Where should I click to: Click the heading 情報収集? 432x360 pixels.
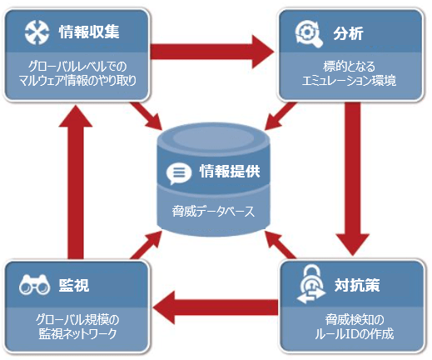[89, 32]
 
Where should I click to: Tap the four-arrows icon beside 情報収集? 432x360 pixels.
[37, 32]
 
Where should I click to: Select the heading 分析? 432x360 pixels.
[348, 33]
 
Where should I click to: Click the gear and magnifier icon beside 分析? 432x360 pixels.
[309, 34]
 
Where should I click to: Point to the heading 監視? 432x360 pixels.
[74, 285]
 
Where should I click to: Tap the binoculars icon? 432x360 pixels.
[34, 284]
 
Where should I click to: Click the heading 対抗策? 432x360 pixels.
[357, 285]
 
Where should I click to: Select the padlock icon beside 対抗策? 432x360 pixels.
[311, 283]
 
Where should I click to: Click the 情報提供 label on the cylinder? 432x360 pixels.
[230, 171]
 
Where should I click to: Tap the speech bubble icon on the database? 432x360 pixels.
[178, 173]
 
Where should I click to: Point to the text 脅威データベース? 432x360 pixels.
[213, 212]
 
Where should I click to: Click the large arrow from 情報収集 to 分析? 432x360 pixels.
[212, 52]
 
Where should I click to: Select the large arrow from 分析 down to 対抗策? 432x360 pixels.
[353, 178]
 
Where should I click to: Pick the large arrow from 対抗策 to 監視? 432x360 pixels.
[215, 307]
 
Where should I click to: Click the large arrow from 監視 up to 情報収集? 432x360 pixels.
[76, 182]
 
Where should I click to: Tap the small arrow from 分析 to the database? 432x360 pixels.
[280, 116]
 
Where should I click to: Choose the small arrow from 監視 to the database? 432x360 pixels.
[146, 244]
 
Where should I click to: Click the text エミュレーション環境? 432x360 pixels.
[349, 81]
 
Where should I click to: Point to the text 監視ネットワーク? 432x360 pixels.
[77, 334]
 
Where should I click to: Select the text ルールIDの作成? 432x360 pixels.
[354, 334]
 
